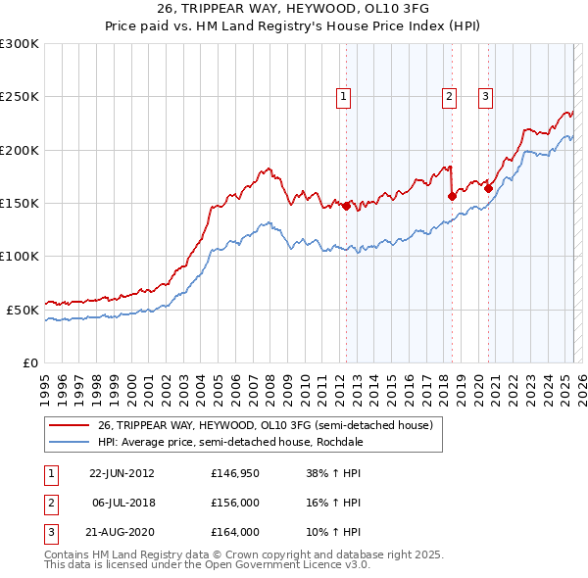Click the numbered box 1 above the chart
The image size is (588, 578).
(x=344, y=96)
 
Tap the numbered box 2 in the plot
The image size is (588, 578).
(x=449, y=96)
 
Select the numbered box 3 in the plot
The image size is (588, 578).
(x=485, y=96)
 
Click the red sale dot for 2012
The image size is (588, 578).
(x=346, y=206)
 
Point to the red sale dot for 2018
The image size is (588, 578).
(x=452, y=196)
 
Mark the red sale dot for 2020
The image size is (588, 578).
(x=488, y=188)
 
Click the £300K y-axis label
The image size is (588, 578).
(x=19, y=44)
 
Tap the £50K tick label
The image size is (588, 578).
(x=23, y=310)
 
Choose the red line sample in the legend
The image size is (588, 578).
(x=70, y=425)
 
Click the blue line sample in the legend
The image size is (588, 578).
(x=70, y=442)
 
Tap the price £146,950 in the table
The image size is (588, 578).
(x=235, y=473)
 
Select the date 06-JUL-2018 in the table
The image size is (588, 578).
(x=122, y=503)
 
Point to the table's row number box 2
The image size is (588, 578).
(x=50, y=503)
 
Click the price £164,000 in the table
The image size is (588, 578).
(x=235, y=532)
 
